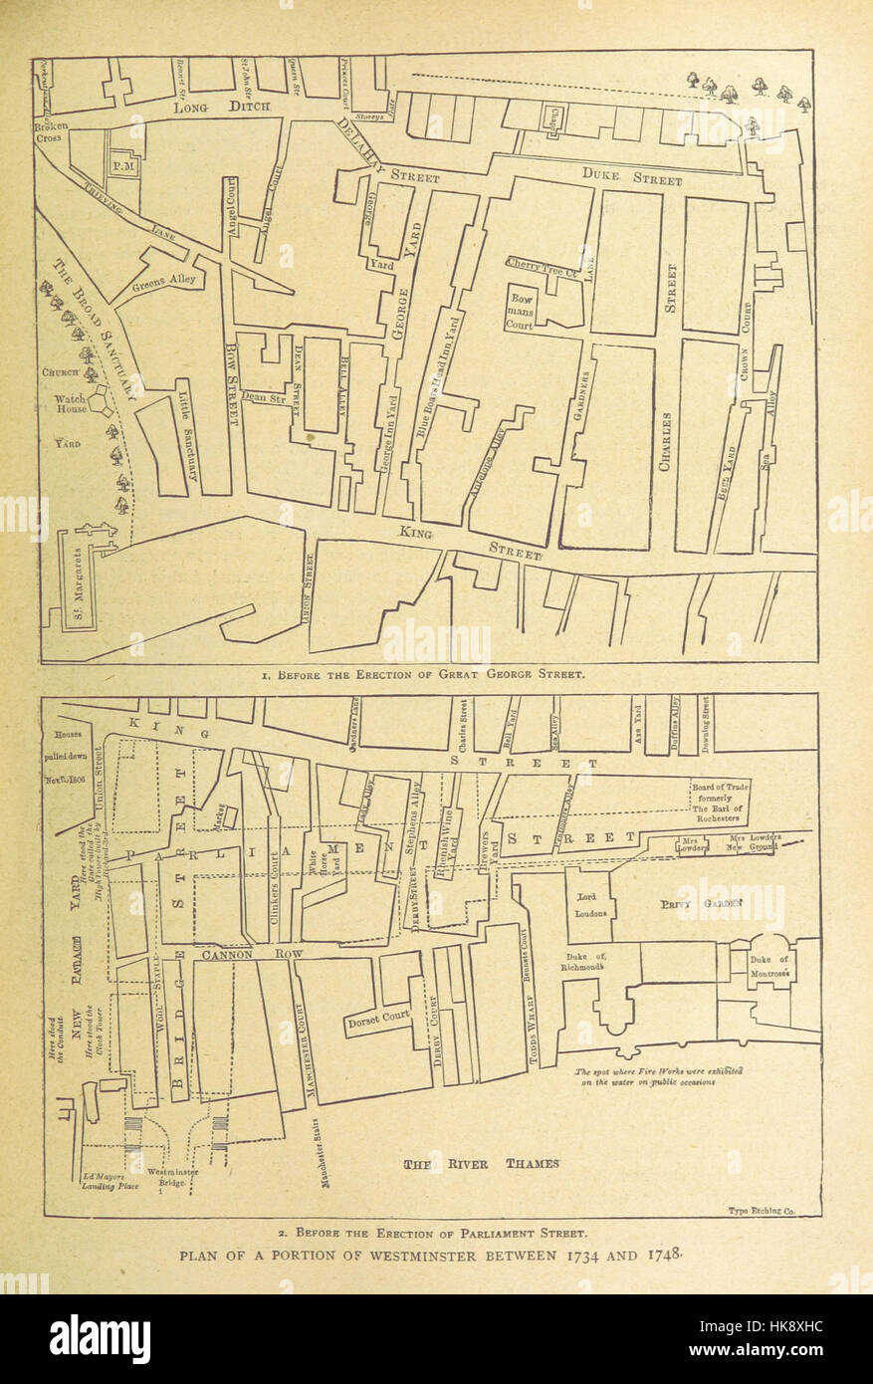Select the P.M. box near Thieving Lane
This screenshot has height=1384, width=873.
pyautogui.click(x=123, y=168)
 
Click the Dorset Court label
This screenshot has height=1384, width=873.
pyautogui.click(x=378, y=1021)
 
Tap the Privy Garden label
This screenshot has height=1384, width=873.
pyautogui.click(x=702, y=904)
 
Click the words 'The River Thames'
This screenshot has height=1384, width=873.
pyautogui.click(x=481, y=1164)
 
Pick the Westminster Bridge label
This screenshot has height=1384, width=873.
pyautogui.click(x=172, y=1178)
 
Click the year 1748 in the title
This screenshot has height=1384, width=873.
pyautogui.click(x=664, y=1255)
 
